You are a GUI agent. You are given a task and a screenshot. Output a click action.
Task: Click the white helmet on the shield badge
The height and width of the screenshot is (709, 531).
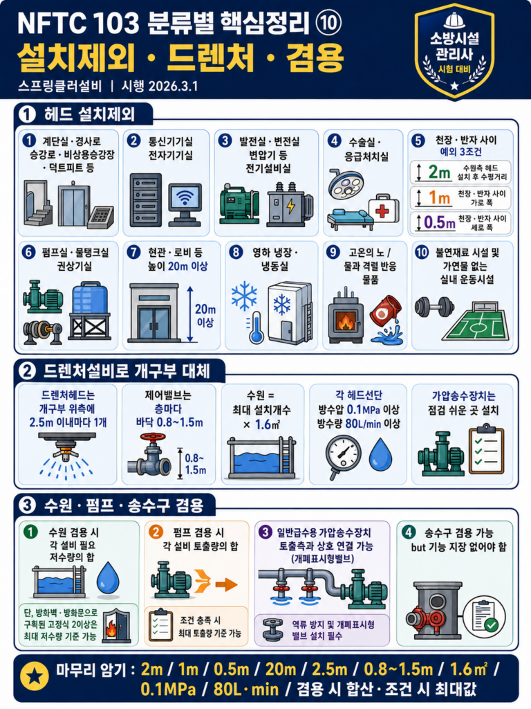(454, 21)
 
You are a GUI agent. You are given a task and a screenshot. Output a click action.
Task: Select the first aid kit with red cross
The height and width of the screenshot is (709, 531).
(384, 209)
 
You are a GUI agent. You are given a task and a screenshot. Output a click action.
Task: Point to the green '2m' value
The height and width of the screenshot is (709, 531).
(439, 172)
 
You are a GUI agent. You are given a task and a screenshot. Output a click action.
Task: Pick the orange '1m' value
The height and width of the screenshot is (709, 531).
(439, 197)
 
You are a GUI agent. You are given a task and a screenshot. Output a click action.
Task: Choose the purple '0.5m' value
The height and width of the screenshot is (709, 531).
(439, 222)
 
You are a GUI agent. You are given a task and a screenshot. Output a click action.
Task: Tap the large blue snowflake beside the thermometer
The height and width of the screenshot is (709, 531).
(244, 296)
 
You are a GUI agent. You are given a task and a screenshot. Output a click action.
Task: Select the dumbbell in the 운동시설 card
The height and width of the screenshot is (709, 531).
(434, 307)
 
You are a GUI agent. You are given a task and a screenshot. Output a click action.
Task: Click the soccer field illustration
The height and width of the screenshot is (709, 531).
(476, 323)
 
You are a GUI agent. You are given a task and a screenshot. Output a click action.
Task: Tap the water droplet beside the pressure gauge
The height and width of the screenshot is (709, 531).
(380, 454)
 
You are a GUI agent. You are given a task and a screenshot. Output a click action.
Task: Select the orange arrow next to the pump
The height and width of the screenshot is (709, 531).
(226, 584)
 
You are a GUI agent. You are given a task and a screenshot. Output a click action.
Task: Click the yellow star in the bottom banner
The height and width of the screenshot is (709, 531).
(35, 676)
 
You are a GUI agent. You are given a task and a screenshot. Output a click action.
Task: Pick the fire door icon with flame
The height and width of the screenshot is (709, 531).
(116, 625)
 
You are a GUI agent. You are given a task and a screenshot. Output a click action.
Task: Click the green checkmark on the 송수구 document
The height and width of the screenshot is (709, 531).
(491, 625)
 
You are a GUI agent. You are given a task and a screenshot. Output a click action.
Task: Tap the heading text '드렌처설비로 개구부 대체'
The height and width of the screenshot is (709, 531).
(127, 371)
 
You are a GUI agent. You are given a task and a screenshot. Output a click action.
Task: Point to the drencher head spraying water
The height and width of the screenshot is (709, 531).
(67, 455)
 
